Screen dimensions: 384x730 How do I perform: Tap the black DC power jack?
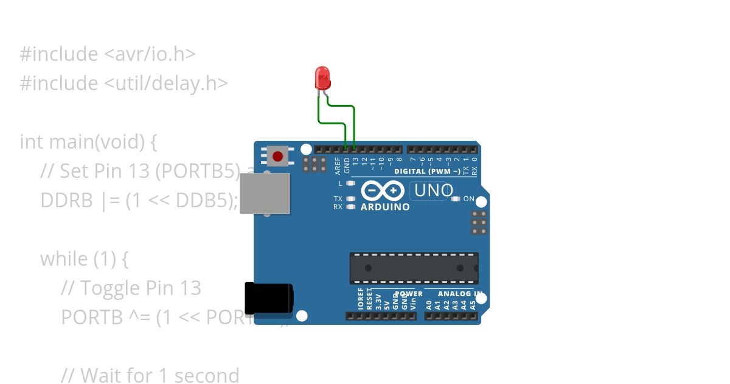tap(268, 298)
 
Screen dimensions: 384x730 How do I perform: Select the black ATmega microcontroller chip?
tap(414, 268)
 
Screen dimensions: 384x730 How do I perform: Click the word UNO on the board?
tap(433, 191)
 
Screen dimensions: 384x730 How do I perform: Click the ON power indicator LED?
tap(456, 199)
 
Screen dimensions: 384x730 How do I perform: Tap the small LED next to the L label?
tap(350, 183)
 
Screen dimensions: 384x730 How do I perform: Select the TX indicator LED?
tap(350, 199)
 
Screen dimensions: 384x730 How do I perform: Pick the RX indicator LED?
tap(350, 207)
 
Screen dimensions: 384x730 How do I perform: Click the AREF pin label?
tap(338, 165)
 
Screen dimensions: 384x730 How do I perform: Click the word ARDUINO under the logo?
tap(385, 207)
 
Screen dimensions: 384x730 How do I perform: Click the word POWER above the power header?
tap(409, 294)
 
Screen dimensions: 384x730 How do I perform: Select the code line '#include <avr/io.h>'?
tap(108, 54)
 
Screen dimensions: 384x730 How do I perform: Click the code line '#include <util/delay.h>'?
tap(123, 83)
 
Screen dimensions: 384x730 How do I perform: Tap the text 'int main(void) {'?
tap(89, 142)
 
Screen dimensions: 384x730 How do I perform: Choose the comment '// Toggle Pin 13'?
tap(131, 288)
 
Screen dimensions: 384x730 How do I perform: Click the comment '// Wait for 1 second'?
tap(150, 375)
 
